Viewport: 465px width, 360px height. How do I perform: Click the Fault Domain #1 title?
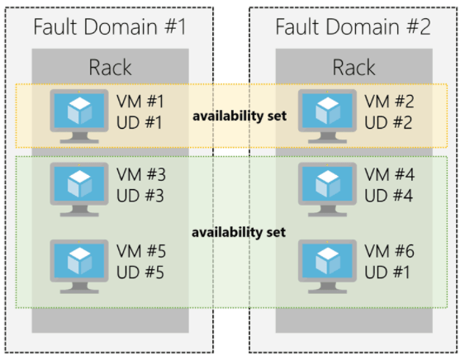tap(109, 26)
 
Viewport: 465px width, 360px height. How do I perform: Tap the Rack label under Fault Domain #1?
tap(111, 67)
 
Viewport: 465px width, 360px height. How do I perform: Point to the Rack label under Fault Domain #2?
tap(354, 67)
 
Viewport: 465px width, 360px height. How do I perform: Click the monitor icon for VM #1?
tap(79, 113)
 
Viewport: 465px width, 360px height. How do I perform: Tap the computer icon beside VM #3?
tap(79, 186)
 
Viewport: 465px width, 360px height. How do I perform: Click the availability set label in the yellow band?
tap(239, 115)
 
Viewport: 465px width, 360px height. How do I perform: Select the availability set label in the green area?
tap(239, 232)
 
